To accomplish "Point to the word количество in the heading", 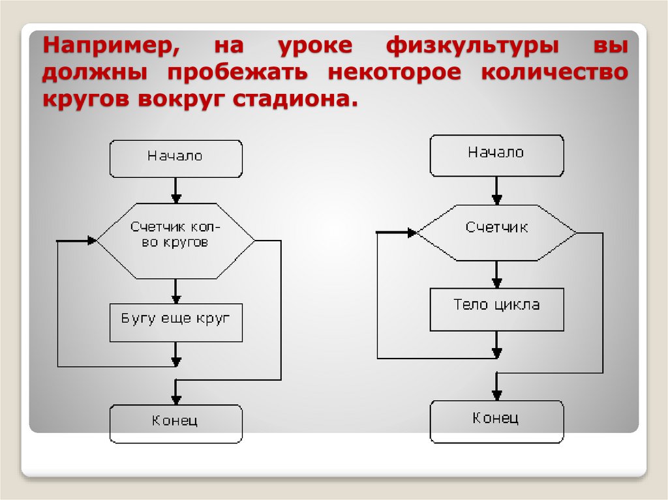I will [554, 72].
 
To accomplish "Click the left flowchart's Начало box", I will [175, 158].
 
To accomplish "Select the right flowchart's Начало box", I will [496, 154].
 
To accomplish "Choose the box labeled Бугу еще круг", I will [175, 322].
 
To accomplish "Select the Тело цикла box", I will [496, 309].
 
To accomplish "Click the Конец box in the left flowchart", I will [175, 423].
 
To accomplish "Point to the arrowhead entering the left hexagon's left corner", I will [91, 241].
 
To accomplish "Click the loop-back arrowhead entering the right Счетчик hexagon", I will [412, 232].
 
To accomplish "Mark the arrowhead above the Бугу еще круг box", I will [175, 297].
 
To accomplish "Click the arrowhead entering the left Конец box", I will [175, 398].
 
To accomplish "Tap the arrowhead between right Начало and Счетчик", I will [496, 198].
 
